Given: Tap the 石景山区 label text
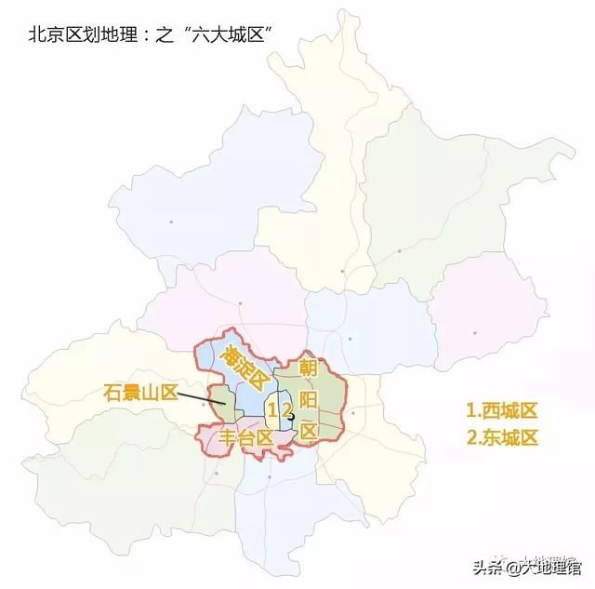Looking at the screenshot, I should coord(140,393).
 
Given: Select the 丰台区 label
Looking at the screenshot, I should coord(246,437).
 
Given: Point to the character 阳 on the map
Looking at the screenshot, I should coord(309,400).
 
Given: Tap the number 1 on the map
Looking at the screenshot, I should coord(271,410).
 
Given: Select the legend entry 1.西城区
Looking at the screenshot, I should coord(503,409).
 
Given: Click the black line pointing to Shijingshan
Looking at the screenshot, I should coord(205,401).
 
